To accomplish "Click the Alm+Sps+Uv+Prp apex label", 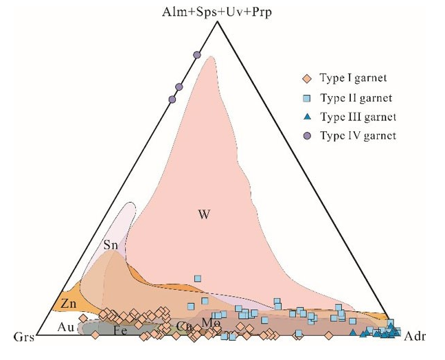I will pos(217,12).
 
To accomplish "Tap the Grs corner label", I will pos(23,337).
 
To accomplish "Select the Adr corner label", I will pos(413,337).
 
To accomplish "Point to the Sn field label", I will pos(112,245).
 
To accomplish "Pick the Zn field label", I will pos(68,303).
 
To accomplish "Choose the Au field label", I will pos(66,328).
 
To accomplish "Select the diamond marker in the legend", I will pos(307,78).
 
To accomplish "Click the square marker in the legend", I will pos(307,98).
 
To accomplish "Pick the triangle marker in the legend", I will pos(307,117).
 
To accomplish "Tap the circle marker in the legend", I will pos(307,136).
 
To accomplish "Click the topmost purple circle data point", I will pos(197,54).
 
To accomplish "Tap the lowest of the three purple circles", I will pos(172,100).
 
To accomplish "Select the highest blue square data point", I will pos(198,278).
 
